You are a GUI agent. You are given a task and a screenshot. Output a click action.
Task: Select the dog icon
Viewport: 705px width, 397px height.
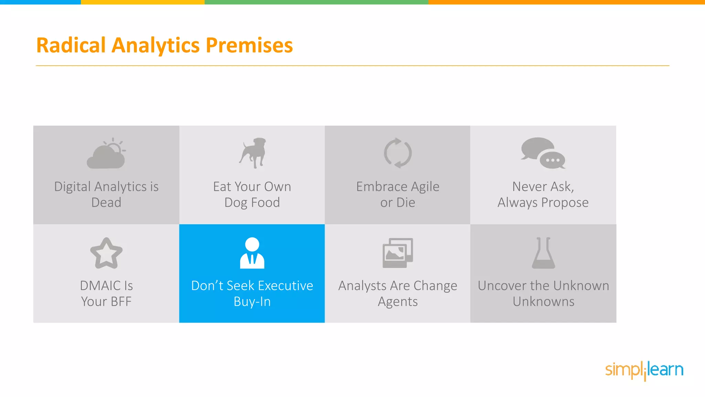click(x=253, y=153)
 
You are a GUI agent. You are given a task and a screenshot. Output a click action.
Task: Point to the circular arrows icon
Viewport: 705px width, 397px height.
click(x=398, y=153)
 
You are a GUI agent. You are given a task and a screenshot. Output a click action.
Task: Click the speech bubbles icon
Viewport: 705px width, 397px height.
click(x=543, y=153)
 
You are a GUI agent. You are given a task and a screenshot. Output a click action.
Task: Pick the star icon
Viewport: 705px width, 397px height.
click(x=106, y=253)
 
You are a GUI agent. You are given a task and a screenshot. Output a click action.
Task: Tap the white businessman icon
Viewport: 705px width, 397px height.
click(x=252, y=253)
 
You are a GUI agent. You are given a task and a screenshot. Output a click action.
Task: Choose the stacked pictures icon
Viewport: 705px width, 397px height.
click(x=398, y=253)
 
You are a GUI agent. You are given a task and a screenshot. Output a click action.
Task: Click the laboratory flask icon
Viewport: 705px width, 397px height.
click(x=543, y=253)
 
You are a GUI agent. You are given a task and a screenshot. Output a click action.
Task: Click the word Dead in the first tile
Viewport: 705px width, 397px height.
click(x=106, y=203)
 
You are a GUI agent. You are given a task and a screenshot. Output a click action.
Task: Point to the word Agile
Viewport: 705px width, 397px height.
click(x=425, y=187)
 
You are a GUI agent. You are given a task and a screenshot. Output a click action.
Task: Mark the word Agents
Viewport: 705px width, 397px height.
click(x=398, y=302)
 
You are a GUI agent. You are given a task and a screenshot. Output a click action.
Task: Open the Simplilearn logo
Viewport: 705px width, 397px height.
click(x=644, y=370)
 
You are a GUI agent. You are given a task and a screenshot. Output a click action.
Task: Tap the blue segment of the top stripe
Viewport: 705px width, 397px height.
click(x=40, y=2)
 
